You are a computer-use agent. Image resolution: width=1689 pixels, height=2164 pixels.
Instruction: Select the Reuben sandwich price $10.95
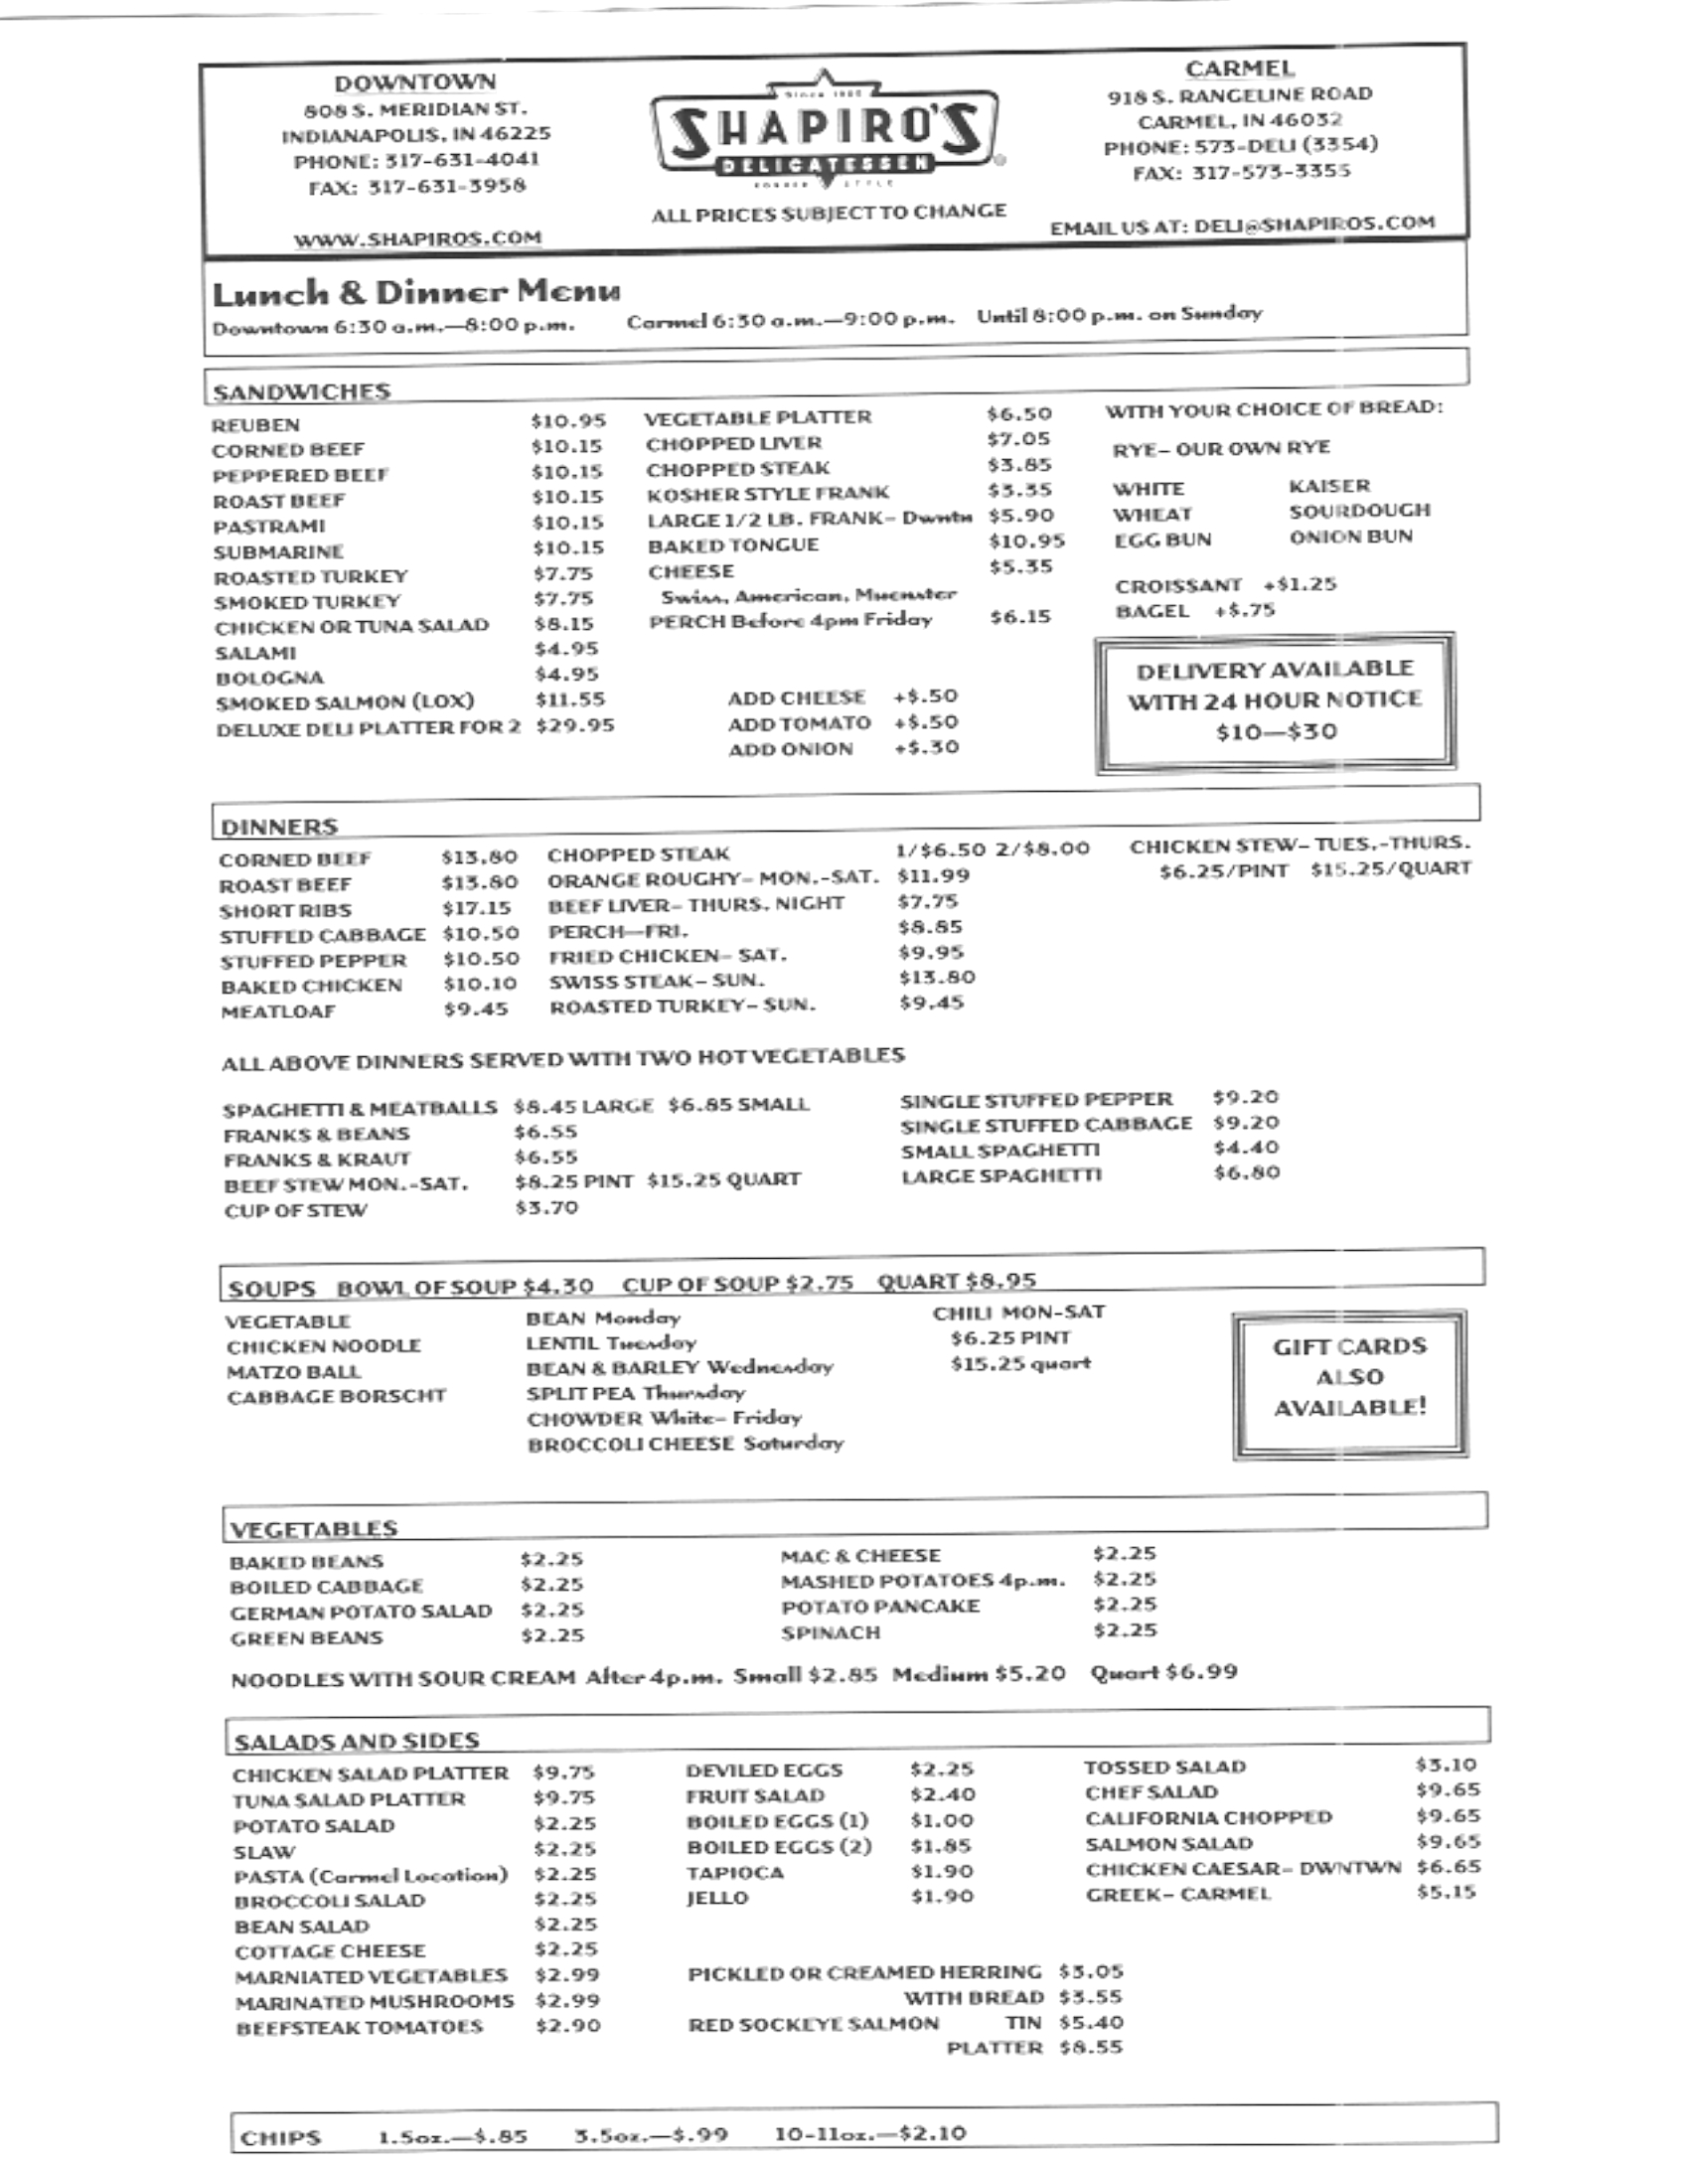pyautogui.click(x=567, y=420)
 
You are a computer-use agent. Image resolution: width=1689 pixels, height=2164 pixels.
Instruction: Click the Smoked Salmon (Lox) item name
pyautogui.click(x=345, y=701)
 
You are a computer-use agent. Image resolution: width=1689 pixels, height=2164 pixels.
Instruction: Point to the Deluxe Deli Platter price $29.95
pyautogui.click(x=574, y=725)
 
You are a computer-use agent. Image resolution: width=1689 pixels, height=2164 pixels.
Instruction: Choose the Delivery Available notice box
pyautogui.click(x=1276, y=700)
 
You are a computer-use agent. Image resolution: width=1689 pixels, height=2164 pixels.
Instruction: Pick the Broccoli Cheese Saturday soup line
pyautogui.click(x=685, y=1443)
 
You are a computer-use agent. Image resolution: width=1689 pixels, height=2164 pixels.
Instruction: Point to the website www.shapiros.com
pyautogui.click(x=417, y=237)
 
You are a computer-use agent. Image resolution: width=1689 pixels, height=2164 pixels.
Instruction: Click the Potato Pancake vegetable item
pyautogui.click(x=879, y=1606)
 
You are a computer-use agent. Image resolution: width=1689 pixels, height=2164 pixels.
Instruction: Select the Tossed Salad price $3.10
pyautogui.click(x=1446, y=1765)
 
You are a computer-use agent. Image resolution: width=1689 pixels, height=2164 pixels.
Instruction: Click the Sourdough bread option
pyautogui.click(x=1359, y=511)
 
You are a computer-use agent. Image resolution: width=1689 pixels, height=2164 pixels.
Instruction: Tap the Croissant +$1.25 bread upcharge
pyautogui.click(x=1225, y=584)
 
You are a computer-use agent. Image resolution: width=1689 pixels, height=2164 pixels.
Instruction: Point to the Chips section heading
pyautogui.click(x=281, y=2137)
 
